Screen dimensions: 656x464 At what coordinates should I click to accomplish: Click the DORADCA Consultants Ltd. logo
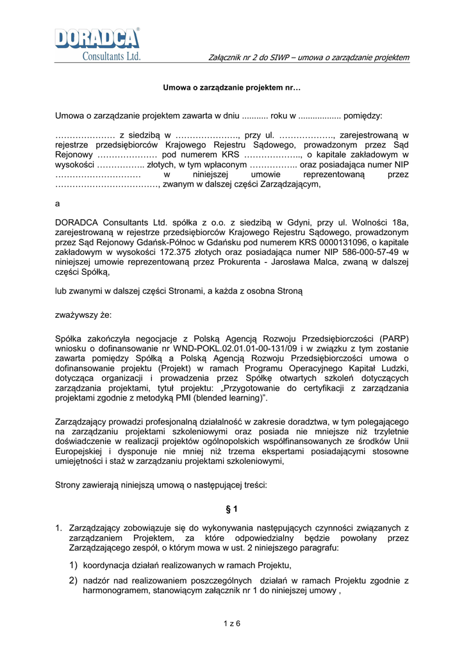click(97, 44)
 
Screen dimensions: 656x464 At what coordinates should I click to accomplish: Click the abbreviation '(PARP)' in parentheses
click(393, 339)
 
